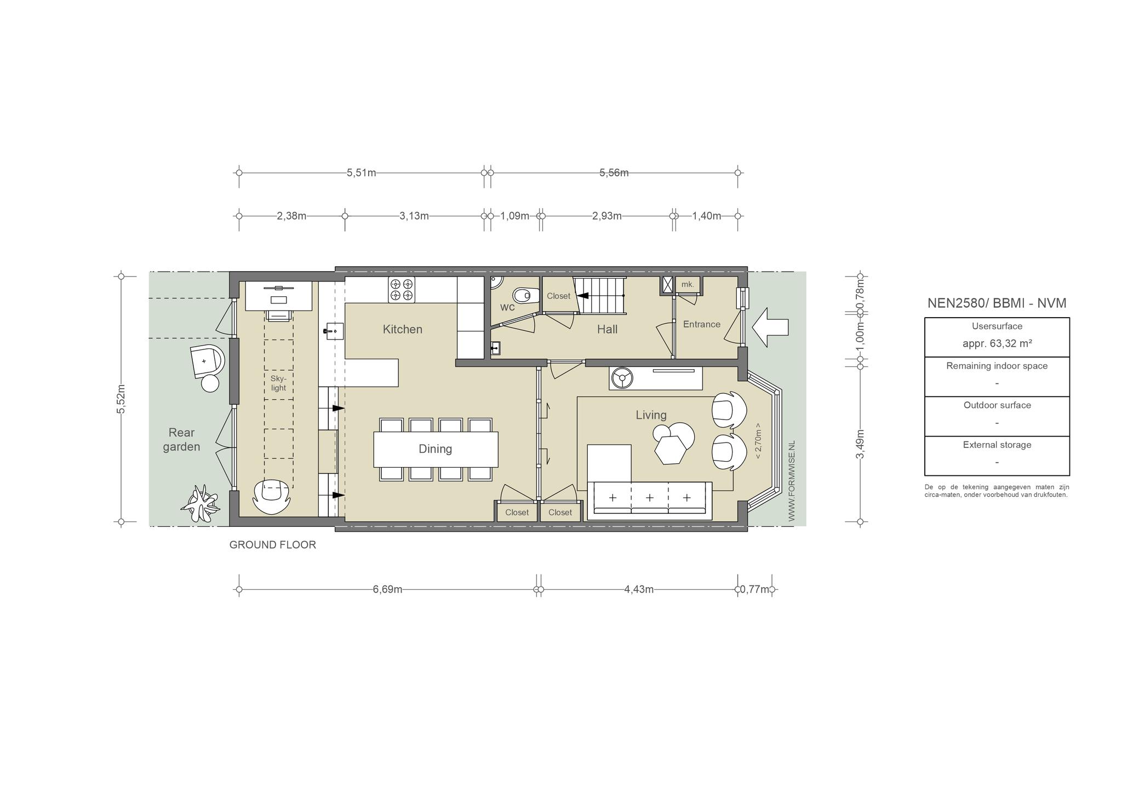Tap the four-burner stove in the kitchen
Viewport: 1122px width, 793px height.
click(402, 290)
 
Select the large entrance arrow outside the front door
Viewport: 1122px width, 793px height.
click(770, 327)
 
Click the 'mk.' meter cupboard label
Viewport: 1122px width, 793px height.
click(688, 284)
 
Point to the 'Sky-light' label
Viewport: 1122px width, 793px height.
click(278, 383)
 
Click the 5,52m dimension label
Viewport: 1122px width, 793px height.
click(121, 399)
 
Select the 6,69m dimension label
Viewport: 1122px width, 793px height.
click(387, 589)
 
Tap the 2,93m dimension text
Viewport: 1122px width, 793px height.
click(606, 216)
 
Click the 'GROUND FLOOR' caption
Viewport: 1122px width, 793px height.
click(272, 545)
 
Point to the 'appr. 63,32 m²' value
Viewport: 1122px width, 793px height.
click(997, 343)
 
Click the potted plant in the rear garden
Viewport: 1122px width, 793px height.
click(201, 503)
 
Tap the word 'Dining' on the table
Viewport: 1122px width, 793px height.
click(435, 449)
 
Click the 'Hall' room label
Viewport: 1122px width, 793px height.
click(607, 329)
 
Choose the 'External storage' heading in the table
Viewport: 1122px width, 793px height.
click(997, 445)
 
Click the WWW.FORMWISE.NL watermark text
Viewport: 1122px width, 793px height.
click(791, 481)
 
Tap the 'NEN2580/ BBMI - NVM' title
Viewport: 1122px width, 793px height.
click(997, 303)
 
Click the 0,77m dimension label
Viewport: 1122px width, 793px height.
click(754, 589)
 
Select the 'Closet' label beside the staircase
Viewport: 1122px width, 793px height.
click(558, 296)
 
